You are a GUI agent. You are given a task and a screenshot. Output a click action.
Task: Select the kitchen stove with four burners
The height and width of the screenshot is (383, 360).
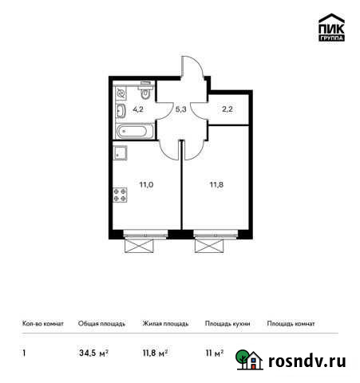(121, 193)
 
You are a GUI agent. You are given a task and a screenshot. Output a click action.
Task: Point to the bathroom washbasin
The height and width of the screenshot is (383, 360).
(121, 110)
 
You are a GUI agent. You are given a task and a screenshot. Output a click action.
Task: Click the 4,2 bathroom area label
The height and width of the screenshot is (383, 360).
(137, 109)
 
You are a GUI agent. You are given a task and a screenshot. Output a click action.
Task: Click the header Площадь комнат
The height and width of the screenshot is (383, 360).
(291, 324)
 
